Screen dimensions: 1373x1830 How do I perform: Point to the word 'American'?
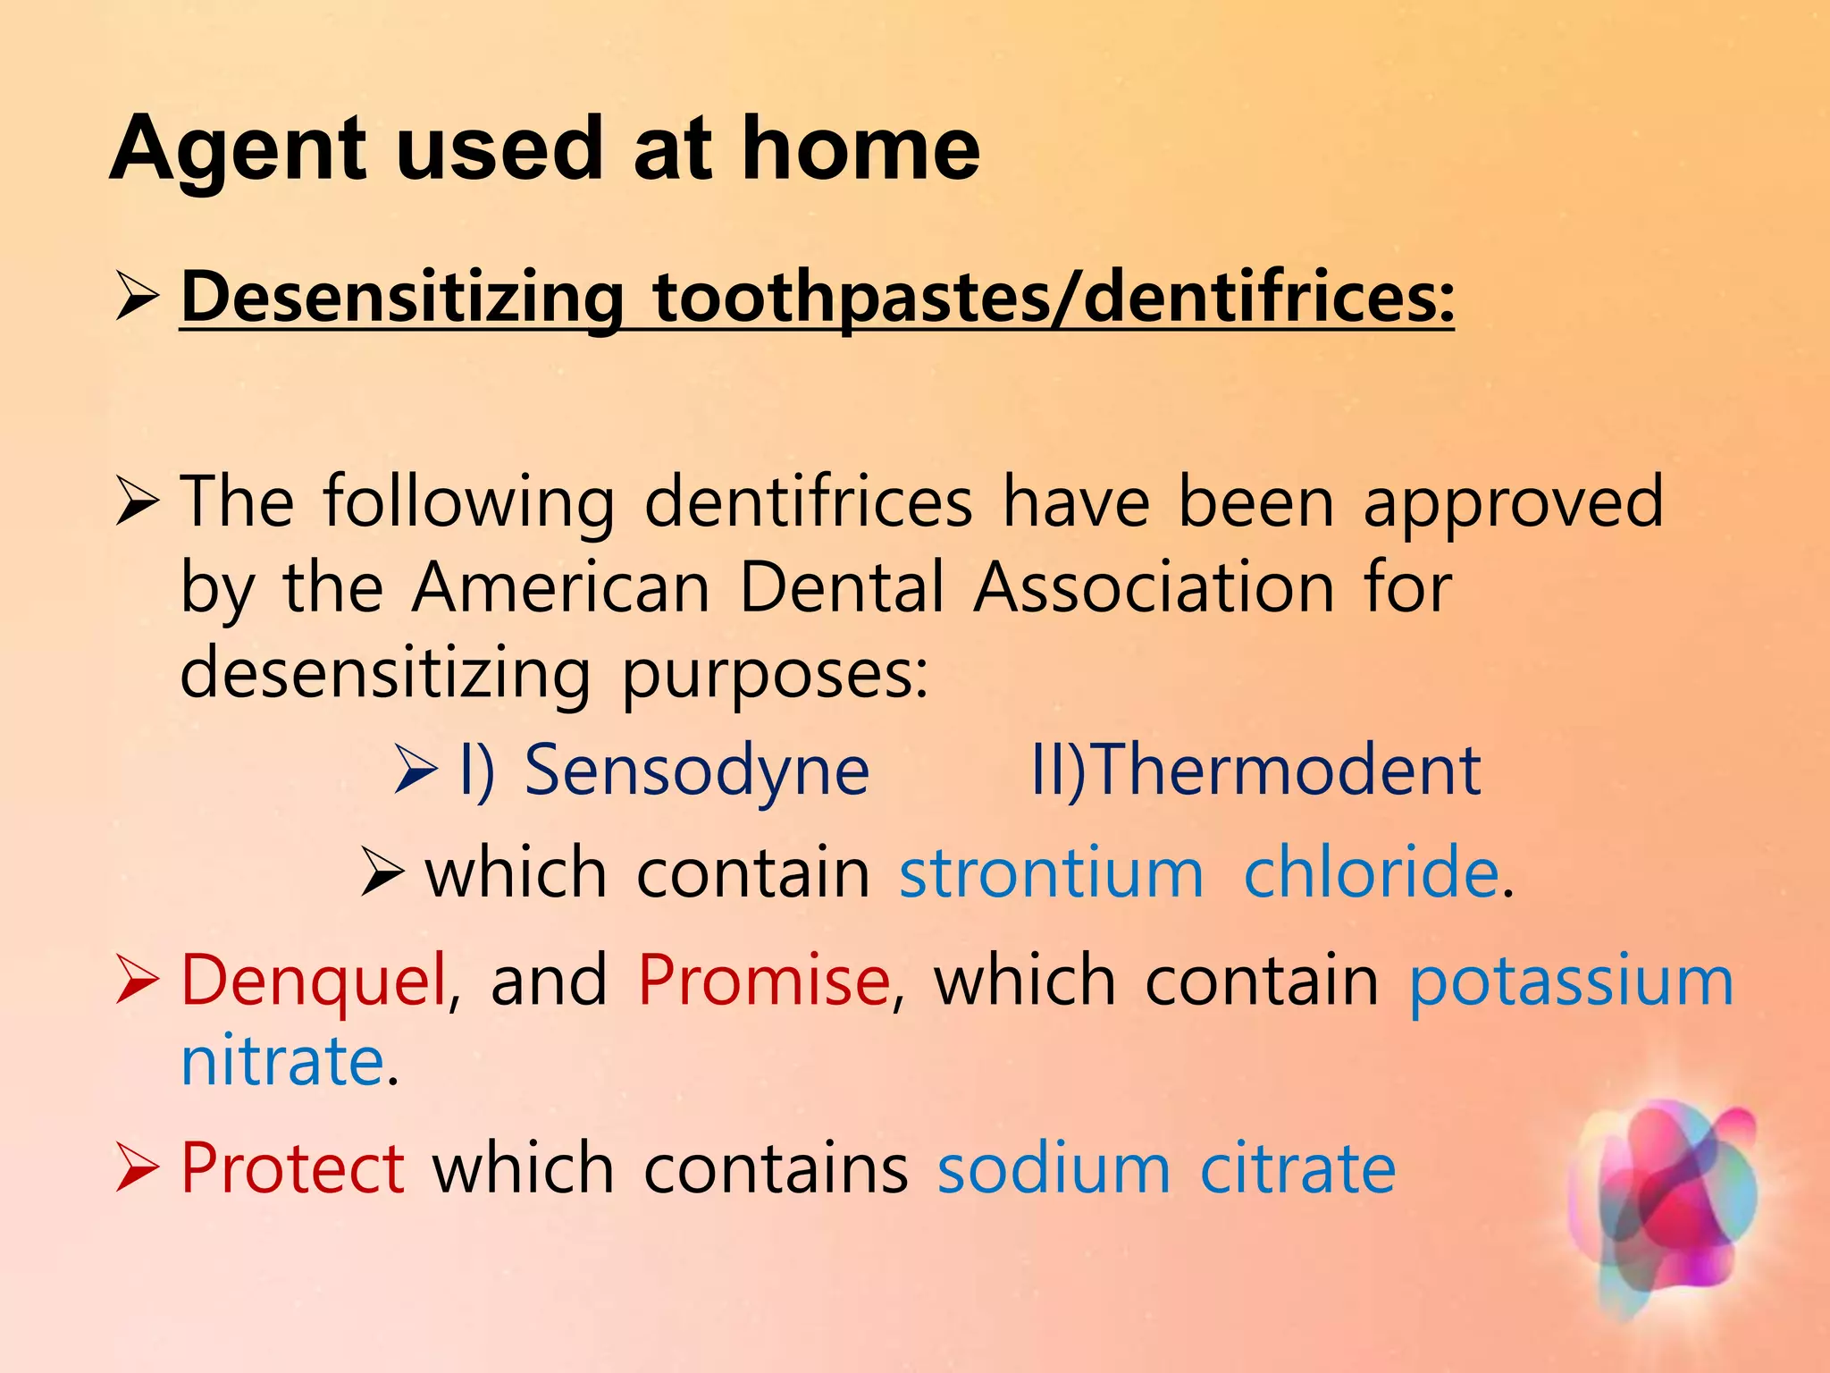561,588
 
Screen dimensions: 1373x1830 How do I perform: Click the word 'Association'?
1154,588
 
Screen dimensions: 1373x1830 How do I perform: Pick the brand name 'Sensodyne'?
696,771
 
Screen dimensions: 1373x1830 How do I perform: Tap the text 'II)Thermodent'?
1255,771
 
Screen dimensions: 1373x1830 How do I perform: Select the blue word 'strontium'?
1051,872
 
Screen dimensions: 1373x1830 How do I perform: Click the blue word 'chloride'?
1371,872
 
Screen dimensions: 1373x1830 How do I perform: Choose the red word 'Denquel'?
313,981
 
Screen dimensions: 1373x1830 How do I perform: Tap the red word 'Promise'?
764,981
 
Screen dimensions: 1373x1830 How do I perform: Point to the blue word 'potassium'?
1571,981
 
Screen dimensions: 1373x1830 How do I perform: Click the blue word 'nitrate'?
282,1061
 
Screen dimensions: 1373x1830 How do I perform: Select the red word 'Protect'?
292,1168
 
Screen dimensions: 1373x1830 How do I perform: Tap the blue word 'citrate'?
1297,1168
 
